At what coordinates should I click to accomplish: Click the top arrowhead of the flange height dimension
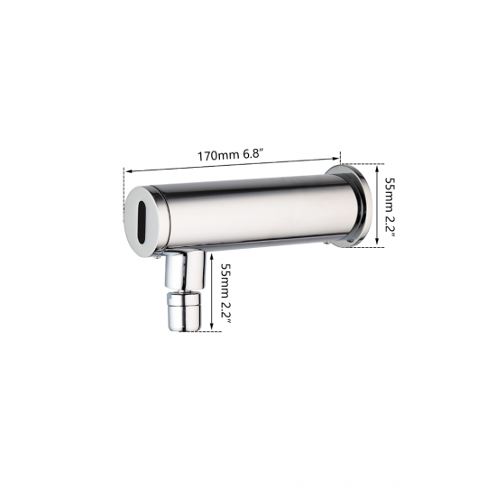click(378, 165)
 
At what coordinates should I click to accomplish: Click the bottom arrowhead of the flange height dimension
click(378, 251)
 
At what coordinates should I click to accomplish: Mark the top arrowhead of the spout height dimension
click(213, 255)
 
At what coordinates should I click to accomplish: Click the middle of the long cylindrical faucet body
click(243, 213)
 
